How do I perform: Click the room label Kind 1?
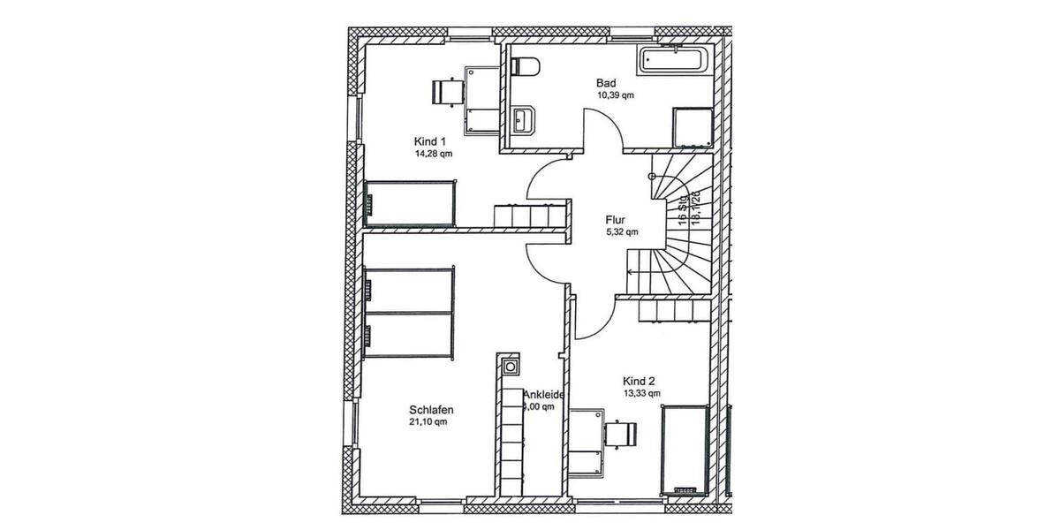(430, 141)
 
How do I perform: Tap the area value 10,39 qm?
(615, 95)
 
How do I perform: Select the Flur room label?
(617, 220)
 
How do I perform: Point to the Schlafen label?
(431, 410)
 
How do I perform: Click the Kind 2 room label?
(639, 382)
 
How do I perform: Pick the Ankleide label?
(543, 395)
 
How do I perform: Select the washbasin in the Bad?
(521, 118)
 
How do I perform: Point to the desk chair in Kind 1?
(446, 91)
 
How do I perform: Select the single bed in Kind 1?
(411, 203)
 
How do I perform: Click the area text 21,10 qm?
(428, 422)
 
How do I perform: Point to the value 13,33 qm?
(641, 394)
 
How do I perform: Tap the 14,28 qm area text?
(433, 153)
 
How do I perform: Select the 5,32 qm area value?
(620, 232)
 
